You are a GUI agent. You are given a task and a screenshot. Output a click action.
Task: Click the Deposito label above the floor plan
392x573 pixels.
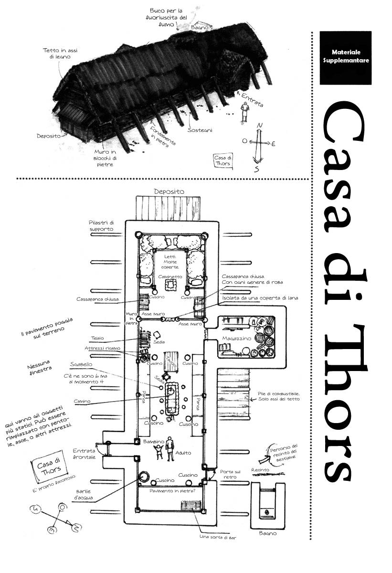169,191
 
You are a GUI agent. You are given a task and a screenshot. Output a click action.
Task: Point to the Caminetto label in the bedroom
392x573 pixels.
170,276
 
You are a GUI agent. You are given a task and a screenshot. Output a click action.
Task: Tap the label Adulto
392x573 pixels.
183,453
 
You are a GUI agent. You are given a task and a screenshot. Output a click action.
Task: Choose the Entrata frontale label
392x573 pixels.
84,454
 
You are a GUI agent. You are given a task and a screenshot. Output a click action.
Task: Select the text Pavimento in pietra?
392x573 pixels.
172,490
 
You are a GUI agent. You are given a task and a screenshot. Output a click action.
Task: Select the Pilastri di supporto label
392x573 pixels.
101,226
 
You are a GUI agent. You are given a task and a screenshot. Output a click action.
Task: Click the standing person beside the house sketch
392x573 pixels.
244,112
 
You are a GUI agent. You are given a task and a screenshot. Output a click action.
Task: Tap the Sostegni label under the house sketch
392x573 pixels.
200,130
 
